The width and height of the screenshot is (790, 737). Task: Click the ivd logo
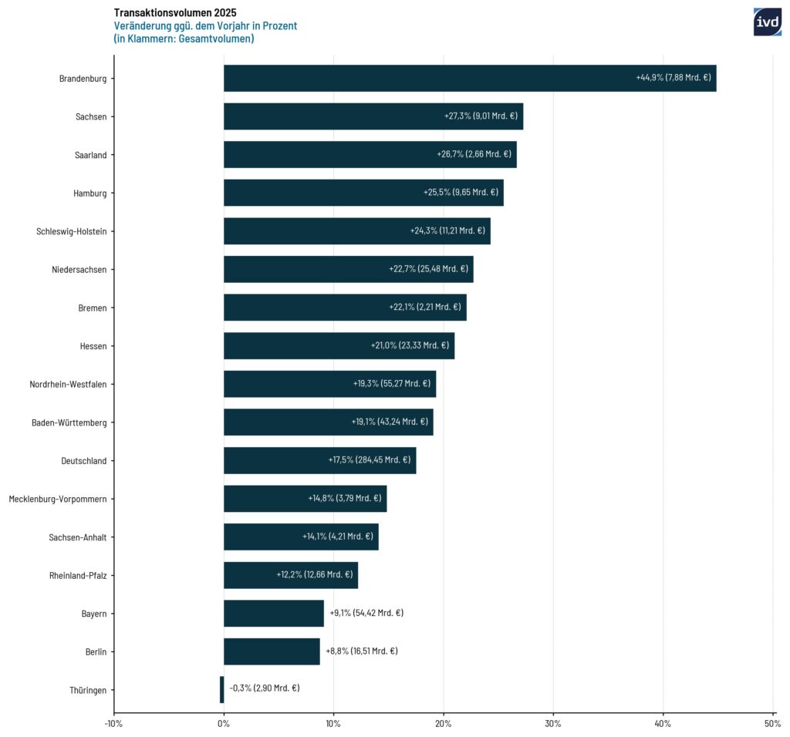[x=767, y=22]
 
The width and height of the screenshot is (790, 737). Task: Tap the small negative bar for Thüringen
[x=221, y=689]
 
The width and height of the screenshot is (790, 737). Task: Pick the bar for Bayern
[x=273, y=613]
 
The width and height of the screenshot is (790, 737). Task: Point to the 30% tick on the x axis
[x=553, y=723]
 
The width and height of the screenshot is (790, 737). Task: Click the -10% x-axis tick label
[x=113, y=723]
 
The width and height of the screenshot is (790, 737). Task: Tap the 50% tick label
[x=773, y=723]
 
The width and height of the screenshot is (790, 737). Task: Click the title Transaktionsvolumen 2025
[x=175, y=12]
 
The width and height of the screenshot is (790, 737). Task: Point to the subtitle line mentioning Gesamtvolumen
[x=184, y=39]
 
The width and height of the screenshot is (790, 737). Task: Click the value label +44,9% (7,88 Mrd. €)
[x=674, y=78]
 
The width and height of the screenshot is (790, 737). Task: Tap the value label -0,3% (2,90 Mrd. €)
[x=265, y=688]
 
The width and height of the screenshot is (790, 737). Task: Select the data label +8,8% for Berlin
[x=362, y=651]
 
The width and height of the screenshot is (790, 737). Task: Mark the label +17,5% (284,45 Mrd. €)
[x=370, y=460]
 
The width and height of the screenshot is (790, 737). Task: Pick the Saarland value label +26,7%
[x=474, y=154]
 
